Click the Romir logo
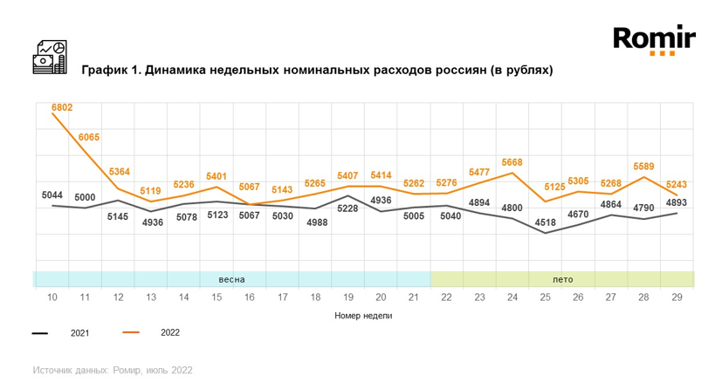[655, 40]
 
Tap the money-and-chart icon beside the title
[50, 58]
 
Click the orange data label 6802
[62, 107]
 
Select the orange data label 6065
[88, 137]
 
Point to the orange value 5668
[512, 162]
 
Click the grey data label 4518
[545, 222]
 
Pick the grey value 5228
[347, 208]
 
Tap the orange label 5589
[643, 167]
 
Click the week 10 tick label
[52, 297]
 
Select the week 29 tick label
[677, 297]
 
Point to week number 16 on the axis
[249, 297]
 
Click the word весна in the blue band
[231, 279]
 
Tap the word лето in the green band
[563, 279]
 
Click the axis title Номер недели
[363, 315]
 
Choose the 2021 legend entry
[60, 333]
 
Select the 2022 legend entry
[151, 332]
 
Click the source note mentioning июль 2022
[113, 370]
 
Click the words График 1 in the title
[111, 70]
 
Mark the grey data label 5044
[52, 195]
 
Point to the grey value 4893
[676, 202]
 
